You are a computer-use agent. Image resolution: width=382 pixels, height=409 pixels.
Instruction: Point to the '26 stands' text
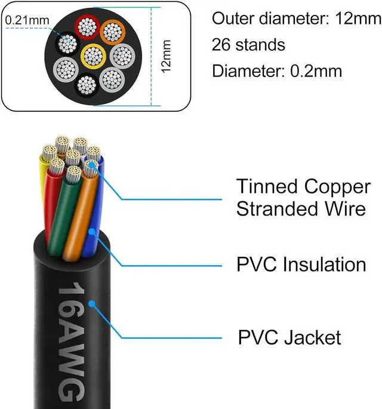coord(248,45)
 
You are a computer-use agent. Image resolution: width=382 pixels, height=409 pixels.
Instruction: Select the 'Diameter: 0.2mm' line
coord(277,71)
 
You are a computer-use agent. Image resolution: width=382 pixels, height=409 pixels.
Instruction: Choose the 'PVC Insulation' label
coord(301,265)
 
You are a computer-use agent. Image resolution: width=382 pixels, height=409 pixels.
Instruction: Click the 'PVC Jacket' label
coord(289,337)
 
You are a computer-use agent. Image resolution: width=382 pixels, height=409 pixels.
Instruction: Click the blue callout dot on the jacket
coord(92,304)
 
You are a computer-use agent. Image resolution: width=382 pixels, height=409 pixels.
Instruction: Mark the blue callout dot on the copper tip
coord(91,162)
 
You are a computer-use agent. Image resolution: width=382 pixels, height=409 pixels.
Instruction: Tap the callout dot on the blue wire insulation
coord(91,232)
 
